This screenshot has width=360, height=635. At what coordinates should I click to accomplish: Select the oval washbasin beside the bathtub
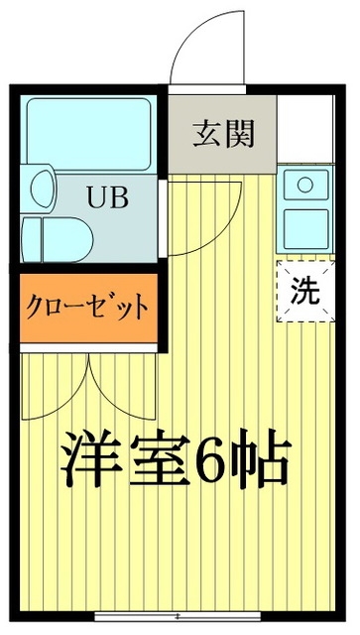[41, 187]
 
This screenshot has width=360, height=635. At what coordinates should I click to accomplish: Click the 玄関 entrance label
[221, 131]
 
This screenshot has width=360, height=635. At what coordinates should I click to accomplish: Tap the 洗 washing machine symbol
[304, 291]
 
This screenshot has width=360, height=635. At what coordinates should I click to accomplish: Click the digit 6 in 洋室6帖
[223, 458]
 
